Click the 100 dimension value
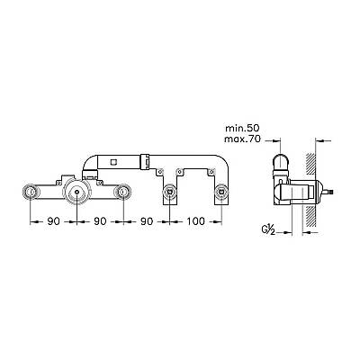pos(196,221)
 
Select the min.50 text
pos(242,129)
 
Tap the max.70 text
pos(242,139)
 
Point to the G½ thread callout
pos(268,229)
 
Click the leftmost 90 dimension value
pos(54,221)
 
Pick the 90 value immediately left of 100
pos(147,221)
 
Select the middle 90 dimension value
pos(100,221)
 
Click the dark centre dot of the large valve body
pos(77,191)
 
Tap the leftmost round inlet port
pos(31,191)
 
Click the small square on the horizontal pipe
pos(113,162)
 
